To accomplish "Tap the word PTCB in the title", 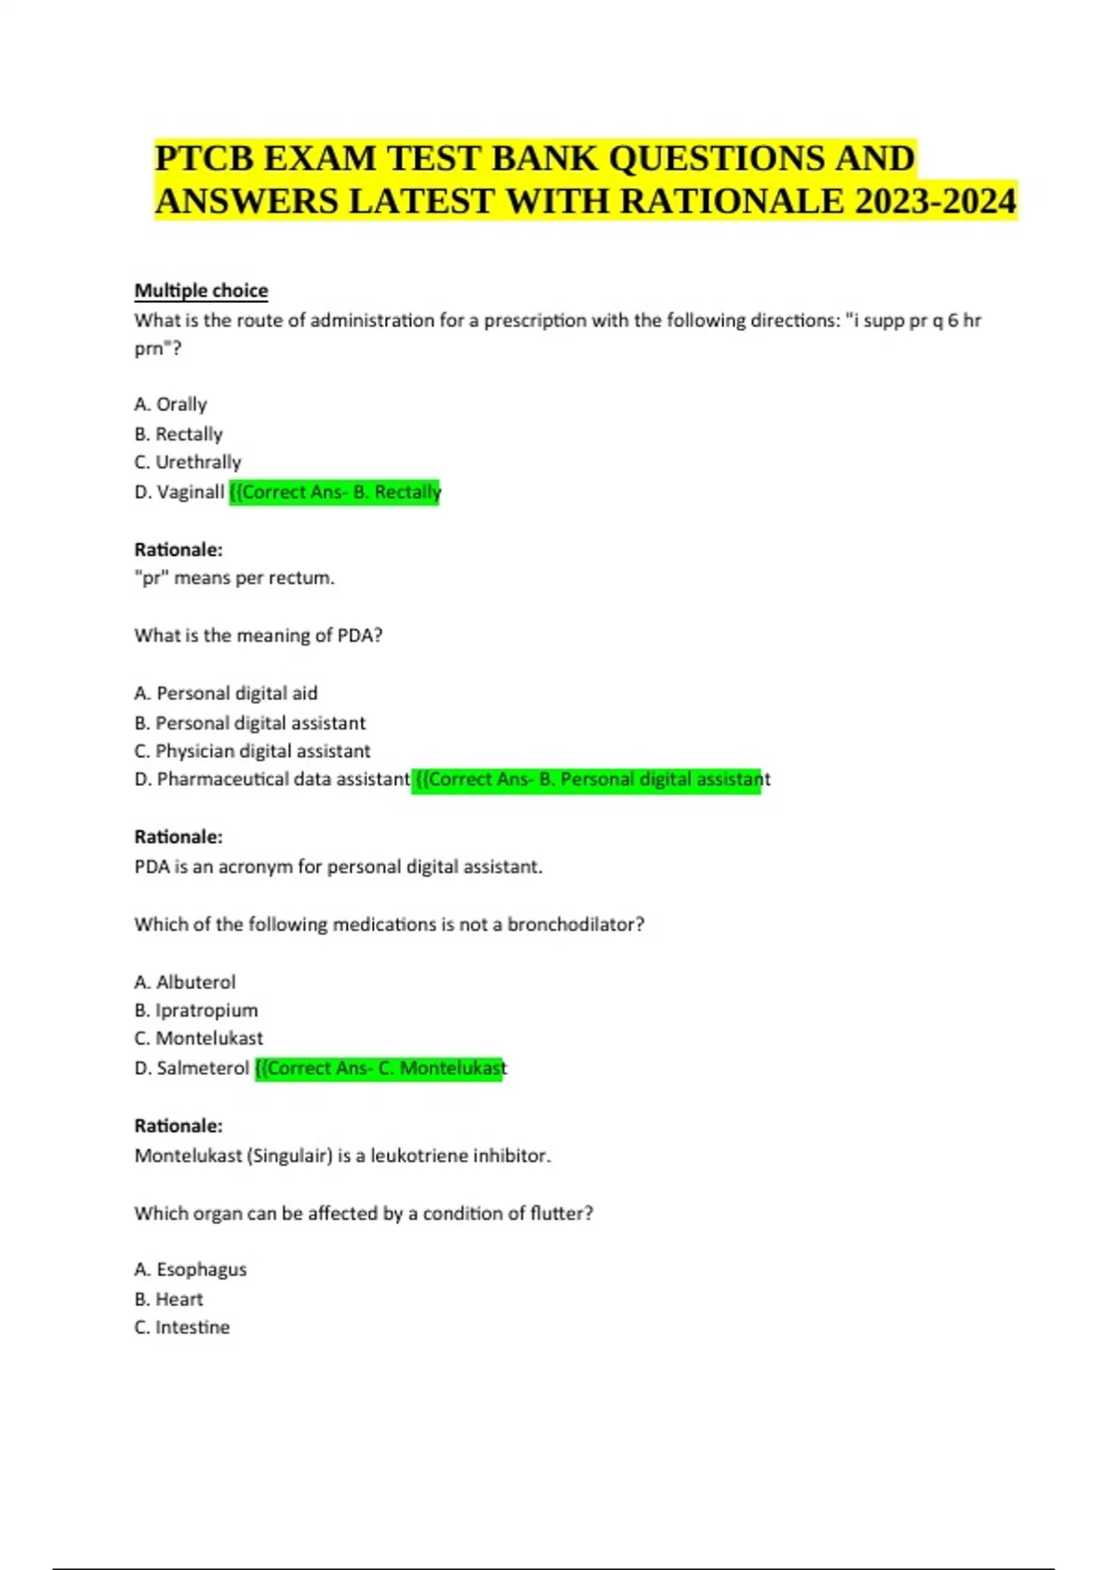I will (202, 158).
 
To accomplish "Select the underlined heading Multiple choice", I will (201, 291).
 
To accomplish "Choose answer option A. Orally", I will (171, 405).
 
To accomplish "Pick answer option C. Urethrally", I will (187, 462).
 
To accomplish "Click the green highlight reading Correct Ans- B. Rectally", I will (335, 492).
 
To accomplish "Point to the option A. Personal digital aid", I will (226, 694).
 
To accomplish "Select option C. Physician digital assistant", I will (252, 751).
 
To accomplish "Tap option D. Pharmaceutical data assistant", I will (271, 779).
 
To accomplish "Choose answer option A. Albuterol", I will (185, 982).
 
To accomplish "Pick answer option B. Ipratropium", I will (196, 1010).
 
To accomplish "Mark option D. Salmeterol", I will (191, 1069).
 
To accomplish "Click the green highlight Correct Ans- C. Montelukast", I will (379, 1069).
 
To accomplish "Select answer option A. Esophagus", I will (190, 1270).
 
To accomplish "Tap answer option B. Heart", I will (169, 1299).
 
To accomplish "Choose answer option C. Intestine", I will (182, 1327).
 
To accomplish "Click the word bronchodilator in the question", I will (570, 924).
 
